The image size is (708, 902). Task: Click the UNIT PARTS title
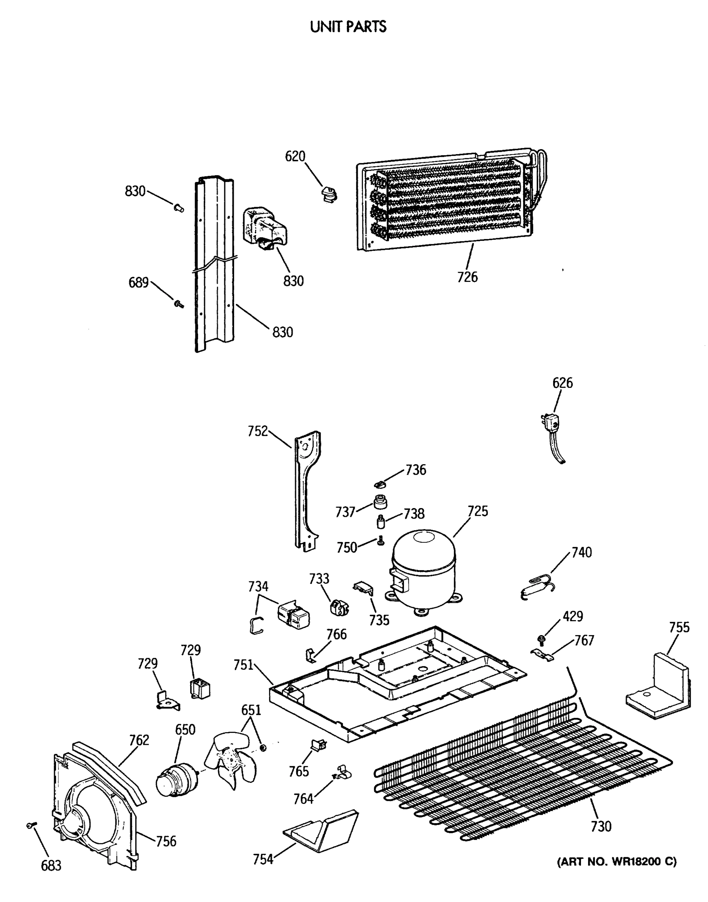coord(348,27)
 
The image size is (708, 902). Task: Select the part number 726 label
coord(467,277)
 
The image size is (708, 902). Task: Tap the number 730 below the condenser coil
coord(601,826)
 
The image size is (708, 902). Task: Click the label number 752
coord(257,431)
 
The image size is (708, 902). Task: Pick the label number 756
coord(166,841)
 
